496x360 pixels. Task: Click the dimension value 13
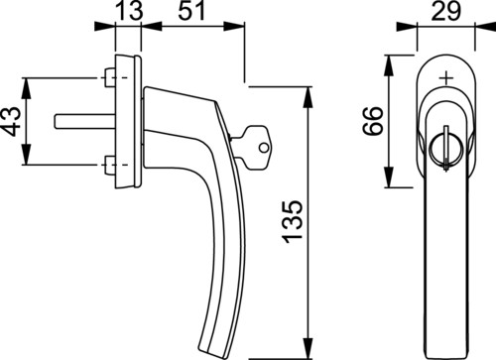tap(130, 11)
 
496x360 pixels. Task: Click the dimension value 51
tap(191, 11)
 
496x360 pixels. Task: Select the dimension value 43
tap(12, 121)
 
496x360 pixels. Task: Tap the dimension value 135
tap(293, 221)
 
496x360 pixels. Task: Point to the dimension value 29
tap(446, 11)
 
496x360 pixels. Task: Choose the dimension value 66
tap(373, 121)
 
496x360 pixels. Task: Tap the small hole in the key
tap(263, 148)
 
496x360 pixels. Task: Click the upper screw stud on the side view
tap(109, 77)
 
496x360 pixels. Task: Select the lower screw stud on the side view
tap(109, 165)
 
